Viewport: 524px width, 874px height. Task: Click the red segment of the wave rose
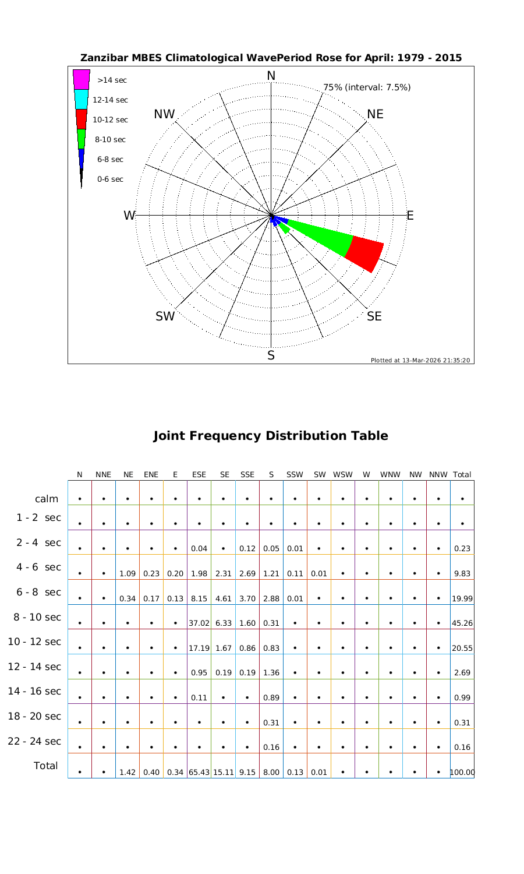[365, 253]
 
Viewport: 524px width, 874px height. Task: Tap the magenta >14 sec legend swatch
[82, 79]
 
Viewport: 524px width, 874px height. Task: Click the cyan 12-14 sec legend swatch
[82, 99]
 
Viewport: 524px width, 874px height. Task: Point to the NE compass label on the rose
[376, 114]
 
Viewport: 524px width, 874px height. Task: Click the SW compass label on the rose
[165, 316]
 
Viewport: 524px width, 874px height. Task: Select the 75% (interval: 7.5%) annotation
[367, 87]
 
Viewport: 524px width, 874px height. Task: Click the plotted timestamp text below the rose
[420, 360]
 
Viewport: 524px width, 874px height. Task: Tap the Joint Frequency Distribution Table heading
[271, 436]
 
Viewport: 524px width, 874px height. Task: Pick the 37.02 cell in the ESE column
[199, 623]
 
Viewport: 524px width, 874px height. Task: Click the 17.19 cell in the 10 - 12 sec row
[199, 648]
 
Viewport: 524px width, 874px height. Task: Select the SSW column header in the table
[295, 475]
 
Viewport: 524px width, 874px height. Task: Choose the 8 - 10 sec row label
[34, 617]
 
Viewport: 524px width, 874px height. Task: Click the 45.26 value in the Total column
[462, 623]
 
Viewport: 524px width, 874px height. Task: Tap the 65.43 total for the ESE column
[199, 773]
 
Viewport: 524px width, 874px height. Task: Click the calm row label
[47, 499]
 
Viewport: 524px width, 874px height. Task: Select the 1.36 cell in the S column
[271, 673]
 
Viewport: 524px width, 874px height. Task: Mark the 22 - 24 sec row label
[34, 741]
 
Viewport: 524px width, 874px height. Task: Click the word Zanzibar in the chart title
[102, 58]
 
